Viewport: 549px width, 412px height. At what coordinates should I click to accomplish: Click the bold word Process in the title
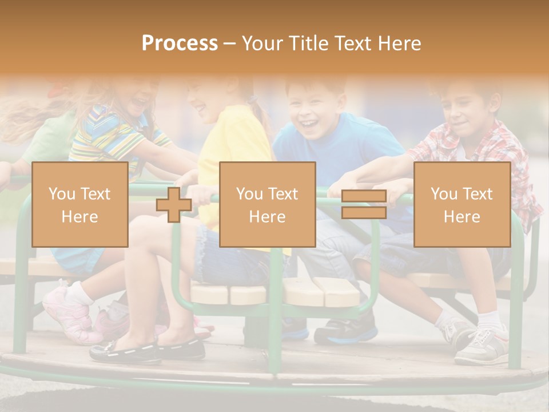180,43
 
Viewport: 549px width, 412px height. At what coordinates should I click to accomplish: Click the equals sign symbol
364,204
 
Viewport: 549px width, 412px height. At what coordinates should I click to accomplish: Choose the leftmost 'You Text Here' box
79,204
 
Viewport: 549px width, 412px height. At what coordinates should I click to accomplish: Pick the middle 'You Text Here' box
267,204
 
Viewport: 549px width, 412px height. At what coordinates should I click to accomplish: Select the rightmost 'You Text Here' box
462,204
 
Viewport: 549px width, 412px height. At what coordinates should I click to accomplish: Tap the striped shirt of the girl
114,137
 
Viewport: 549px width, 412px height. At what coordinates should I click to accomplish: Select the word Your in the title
262,43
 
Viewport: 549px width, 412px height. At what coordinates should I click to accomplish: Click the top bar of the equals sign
364,196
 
